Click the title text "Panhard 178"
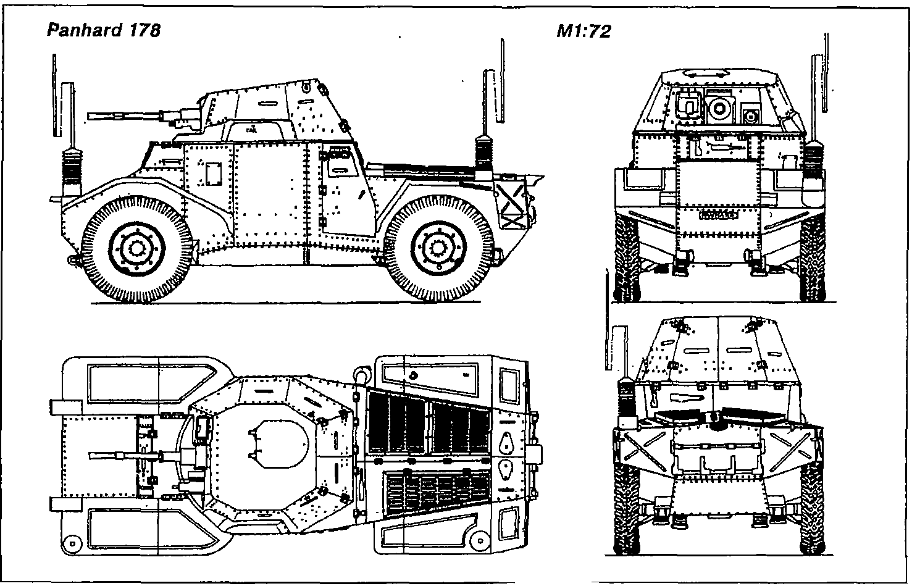(x=104, y=30)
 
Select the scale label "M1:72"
(x=584, y=31)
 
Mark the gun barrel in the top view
(x=123, y=456)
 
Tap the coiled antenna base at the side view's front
(x=73, y=170)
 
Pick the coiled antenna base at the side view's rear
(x=484, y=159)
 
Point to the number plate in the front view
(x=718, y=216)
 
